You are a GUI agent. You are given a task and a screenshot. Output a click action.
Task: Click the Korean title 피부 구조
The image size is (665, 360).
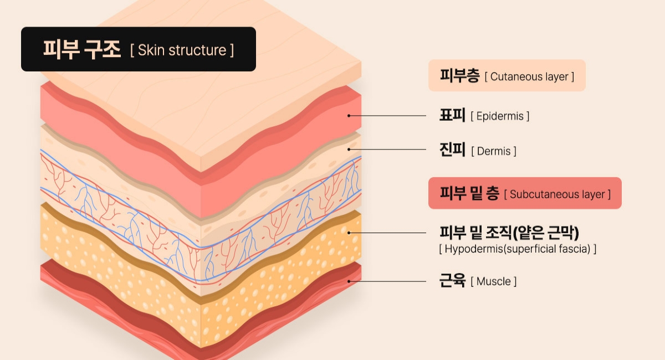coord(82,50)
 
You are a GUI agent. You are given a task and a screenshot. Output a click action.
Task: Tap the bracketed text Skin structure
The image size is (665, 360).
coord(182,50)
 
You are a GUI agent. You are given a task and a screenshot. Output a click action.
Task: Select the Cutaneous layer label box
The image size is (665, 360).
coord(507,75)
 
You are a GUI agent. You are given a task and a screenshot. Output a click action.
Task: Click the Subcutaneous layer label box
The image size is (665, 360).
coord(524,193)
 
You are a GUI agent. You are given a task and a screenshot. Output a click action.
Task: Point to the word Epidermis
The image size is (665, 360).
coord(500,116)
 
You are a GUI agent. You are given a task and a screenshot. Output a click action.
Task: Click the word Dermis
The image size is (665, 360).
coord(494,151)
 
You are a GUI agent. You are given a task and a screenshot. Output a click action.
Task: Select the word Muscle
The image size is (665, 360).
coord(494,281)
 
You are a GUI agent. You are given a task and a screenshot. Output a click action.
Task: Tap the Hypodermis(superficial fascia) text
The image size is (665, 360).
coord(517,249)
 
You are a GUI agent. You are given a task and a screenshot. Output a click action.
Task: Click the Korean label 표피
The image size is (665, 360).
coord(452,116)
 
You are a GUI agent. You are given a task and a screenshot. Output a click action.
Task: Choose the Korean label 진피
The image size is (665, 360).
coord(452,150)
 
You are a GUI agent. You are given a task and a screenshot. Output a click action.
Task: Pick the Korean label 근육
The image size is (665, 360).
coord(452,281)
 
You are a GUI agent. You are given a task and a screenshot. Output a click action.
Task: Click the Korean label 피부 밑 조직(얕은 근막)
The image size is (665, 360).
coord(509,233)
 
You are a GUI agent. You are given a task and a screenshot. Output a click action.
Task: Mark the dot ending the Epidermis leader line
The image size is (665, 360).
coord(349,116)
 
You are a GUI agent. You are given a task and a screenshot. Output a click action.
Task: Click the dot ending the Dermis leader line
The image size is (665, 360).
coord(349,149)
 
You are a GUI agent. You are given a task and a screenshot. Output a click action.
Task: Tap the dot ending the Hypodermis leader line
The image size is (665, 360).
coord(349,233)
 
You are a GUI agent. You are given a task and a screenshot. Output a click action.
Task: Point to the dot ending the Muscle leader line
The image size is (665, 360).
coord(349,281)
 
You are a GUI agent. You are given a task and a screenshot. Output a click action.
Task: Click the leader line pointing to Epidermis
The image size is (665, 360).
coord(388,116)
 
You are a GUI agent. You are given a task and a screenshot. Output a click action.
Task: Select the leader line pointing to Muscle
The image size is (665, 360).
coord(388,281)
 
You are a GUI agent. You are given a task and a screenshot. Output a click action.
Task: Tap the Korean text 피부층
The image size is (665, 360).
coord(459,76)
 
